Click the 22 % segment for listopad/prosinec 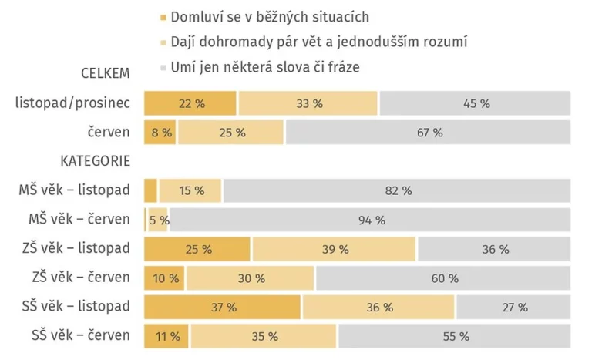tap(190, 103)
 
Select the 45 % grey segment tap(475, 103)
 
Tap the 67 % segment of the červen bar tap(429, 133)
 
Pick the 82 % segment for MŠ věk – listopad tap(397, 190)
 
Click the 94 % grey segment tap(371, 220)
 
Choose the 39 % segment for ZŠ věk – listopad tap(334, 249)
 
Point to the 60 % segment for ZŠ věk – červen tap(443, 278)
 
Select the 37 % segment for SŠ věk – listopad tap(223, 307)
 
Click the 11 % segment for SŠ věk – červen tap(166, 336)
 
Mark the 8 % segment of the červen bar tap(160, 133)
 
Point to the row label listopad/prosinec tap(72, 103)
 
